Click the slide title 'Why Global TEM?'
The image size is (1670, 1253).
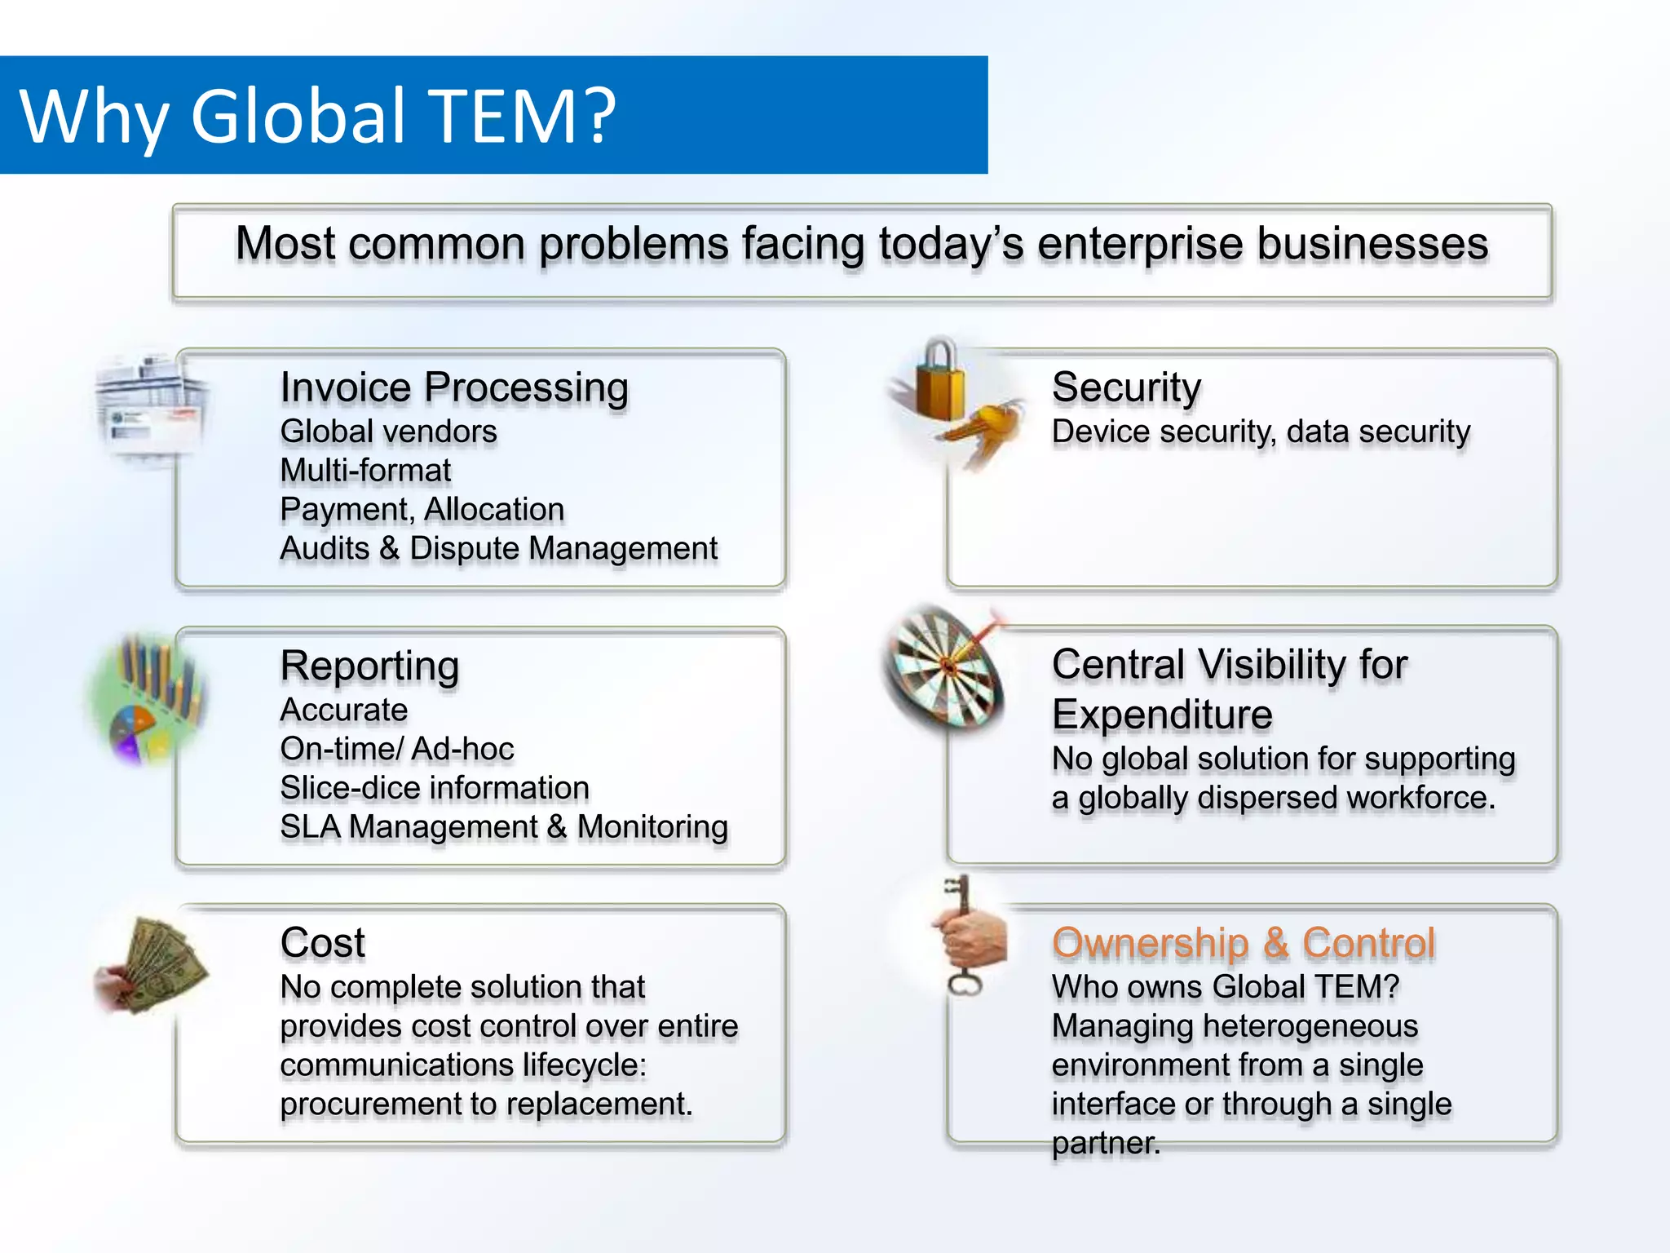(318, 116)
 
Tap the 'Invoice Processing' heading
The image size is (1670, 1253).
(454, 387)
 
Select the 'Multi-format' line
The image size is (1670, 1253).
(365, 471)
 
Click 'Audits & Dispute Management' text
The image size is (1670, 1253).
(498, 548)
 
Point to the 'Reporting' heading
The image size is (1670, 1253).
(369, 666)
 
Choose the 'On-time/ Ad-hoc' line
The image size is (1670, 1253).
(397, 749)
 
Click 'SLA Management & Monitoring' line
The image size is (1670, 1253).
(504, 827)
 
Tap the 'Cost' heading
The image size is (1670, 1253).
(323, 943)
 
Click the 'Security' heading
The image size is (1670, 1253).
(1126, 387)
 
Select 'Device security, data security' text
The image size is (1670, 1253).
(1261, 432)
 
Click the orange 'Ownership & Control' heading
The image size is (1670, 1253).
(1244, 943)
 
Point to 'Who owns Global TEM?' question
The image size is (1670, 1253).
(1225, 987)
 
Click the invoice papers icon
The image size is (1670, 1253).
(151, 408)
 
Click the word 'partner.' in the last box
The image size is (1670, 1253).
(1106, 1144)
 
